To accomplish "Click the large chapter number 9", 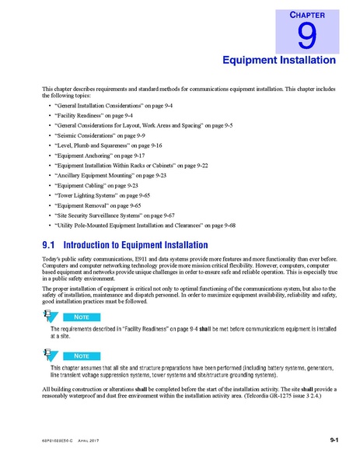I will (x=306, y=36).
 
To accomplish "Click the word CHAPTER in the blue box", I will (x=307, y=15).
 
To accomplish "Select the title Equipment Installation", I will (x=279, y=59).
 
